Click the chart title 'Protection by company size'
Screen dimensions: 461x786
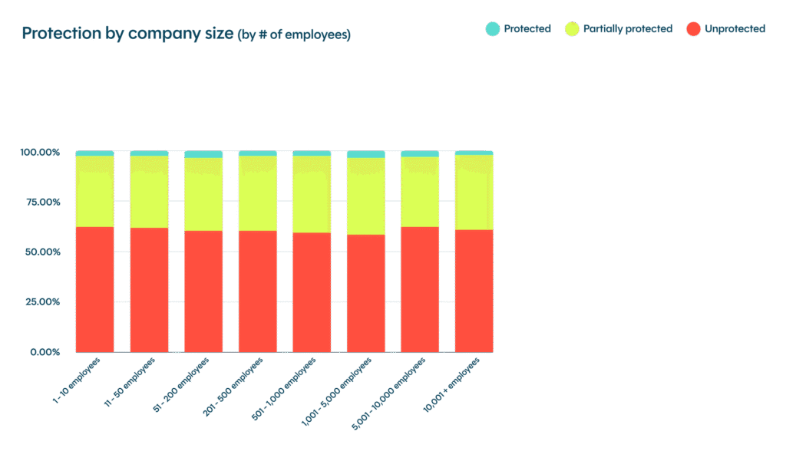click(x=127, y=35)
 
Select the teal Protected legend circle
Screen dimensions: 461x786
click(x=492, y=29)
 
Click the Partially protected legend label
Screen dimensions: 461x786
click(x=627, y=29)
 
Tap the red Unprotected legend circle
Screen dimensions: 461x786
click(x=693, y=29)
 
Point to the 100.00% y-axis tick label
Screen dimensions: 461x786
click(x=40, y=153)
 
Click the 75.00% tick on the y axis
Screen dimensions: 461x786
click(x=41, y=203)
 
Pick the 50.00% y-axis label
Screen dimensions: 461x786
click(x=41, y=252)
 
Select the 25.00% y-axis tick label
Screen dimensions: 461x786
click(x=41, y=302)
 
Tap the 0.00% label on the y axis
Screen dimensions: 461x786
click(x=44, y=352)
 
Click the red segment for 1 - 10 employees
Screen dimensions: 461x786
click(x=94, y=290)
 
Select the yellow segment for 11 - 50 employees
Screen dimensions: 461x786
click(x=149, y=192)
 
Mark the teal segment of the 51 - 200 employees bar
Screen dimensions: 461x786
click(x=203, y=154)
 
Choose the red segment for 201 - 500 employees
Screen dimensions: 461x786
click(x=258, y=291)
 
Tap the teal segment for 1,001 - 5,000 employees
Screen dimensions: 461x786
click(x=366, y=154)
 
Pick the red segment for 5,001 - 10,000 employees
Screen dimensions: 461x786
click(x=420, y=290)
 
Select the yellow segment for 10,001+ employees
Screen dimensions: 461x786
click(x=474, y=192)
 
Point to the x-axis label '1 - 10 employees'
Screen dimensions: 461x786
click(x=77, y=381)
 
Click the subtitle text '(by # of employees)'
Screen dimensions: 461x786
click(x=295, y=35)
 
